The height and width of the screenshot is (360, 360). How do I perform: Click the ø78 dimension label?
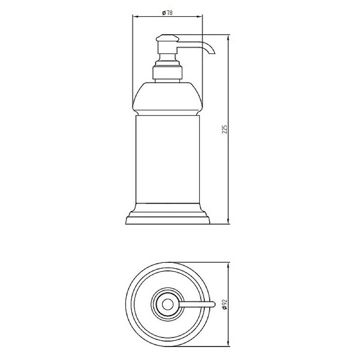click(x=167, y=13)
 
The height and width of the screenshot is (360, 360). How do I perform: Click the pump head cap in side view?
click(x=167, y=38)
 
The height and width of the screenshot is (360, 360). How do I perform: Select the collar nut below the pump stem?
click(x=167, y=72)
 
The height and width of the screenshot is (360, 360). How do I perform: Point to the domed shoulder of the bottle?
click(x=167, y=99)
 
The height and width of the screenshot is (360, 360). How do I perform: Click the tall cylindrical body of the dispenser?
click(x=167, y=159)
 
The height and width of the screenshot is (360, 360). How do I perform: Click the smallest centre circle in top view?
click(x=167, y=305)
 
